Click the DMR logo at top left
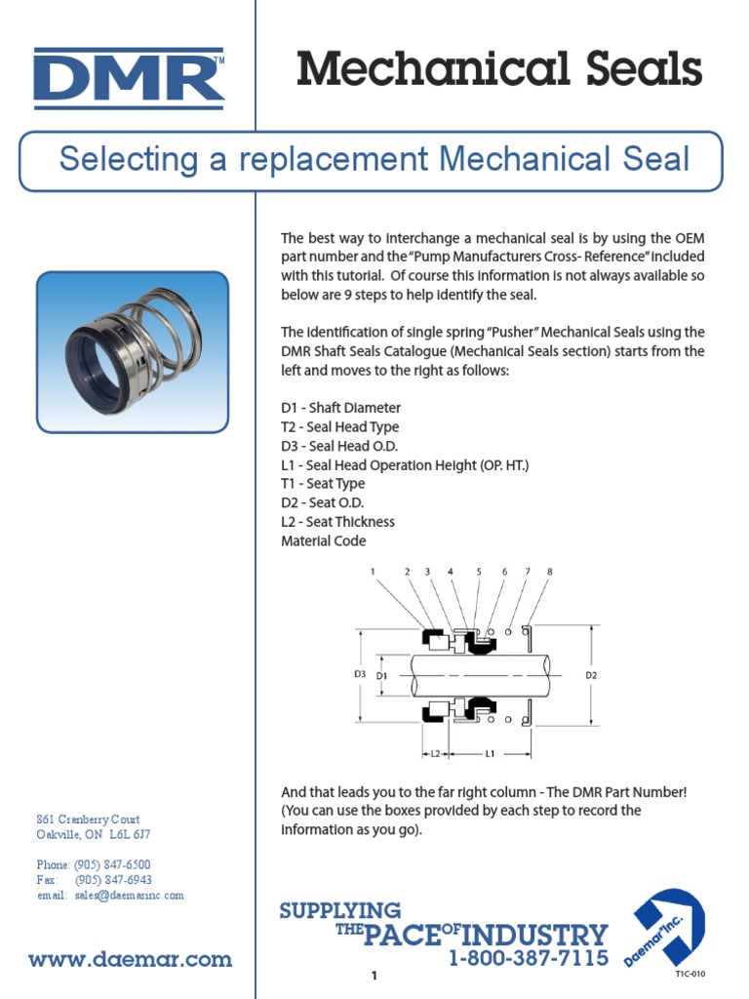coord(129,77)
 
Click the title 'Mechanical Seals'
coord(499,70)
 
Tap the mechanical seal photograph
coord(133,351)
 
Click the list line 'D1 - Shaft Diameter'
coord(340,408)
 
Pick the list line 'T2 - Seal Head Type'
coord(339,427)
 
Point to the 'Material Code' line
coord(324,540)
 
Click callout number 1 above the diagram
coord(373,572)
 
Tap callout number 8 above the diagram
coord(549,572)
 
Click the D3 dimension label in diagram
coord(360,674)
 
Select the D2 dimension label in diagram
coord(590,675)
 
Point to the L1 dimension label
coord(490,753)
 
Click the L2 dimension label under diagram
coord(435,753)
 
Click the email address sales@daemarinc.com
coord(127,895)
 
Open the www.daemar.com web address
coord(131,960)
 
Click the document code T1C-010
coord(690,974)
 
